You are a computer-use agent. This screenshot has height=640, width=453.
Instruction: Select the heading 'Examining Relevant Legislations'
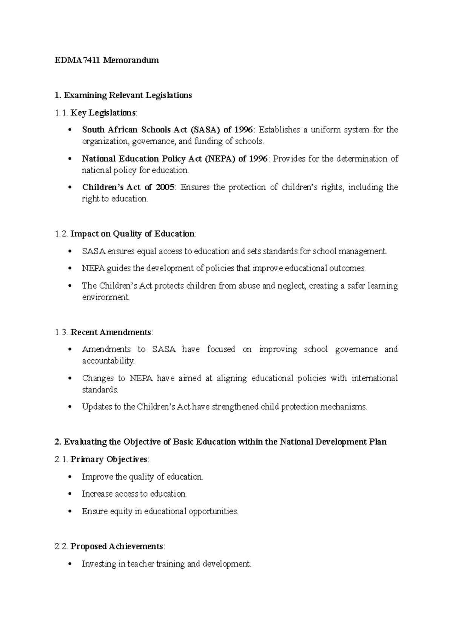pyautogui.click(x=128, y=95)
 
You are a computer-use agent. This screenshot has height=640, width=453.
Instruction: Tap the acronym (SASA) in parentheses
pyautogui.click(x=205, y=130)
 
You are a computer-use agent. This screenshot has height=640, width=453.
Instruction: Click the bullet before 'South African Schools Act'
pyautogui.click(x=69, y=130)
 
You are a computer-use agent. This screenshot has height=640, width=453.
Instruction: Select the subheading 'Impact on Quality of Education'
pyautogui.click(x=133, y=234)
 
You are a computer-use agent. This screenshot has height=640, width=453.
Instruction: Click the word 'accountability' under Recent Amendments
pyautogui.click(x=108, y=361)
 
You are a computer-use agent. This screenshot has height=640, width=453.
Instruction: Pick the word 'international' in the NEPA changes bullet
pyautogui.click(x=374, y=378)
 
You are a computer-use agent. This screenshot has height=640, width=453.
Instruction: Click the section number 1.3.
pyautogui.click(x=61, y=332)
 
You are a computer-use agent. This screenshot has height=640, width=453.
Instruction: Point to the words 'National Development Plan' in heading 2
pyautogui.click(x=333, y=442)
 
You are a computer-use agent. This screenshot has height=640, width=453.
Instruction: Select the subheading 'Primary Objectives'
pyautogui.click(x=109, y=460)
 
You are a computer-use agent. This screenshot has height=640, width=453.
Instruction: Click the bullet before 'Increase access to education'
pyautogui.click(x=69, y=494)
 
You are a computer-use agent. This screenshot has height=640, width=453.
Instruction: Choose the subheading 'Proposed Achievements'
pyautogui.click(x=117, y=546)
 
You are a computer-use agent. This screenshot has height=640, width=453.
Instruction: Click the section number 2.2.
pyautogui.click(x=61, y=546)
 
